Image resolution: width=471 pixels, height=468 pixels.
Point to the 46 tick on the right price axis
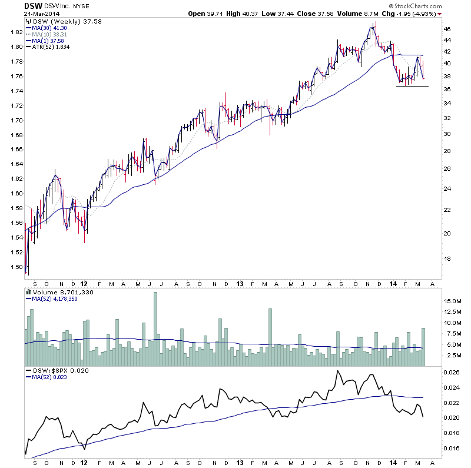pos(447,29)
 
